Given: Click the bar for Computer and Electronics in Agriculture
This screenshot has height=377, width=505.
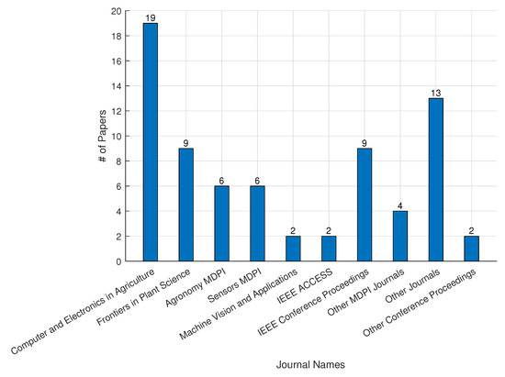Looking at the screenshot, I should point(151,142).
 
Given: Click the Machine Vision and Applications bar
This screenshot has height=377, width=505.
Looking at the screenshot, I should point(294,249).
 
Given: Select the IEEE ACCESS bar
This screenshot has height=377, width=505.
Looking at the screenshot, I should point(329,249).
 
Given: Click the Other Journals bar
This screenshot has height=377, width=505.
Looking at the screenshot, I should point(436,180).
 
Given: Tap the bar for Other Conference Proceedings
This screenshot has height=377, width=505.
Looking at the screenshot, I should point(472,249).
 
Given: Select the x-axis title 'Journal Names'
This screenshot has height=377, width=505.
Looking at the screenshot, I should point(310,364).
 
